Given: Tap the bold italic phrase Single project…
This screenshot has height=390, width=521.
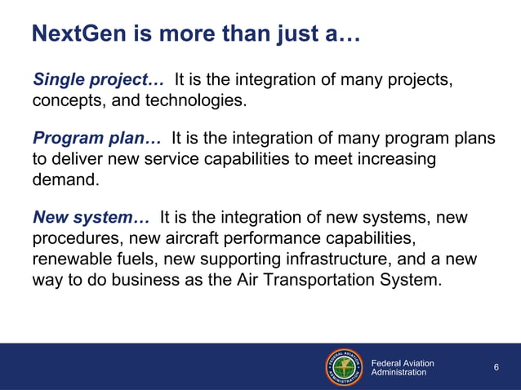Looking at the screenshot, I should pos(98,80).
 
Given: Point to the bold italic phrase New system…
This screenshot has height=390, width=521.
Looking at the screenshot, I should pos(91,218).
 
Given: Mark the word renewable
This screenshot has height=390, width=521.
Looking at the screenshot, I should pos(71,259).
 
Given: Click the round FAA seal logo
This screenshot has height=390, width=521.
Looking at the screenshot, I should pos(345,367).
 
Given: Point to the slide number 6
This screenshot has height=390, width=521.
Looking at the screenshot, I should pos(497,368).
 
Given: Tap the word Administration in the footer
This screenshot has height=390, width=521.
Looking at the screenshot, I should pos(399,373).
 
